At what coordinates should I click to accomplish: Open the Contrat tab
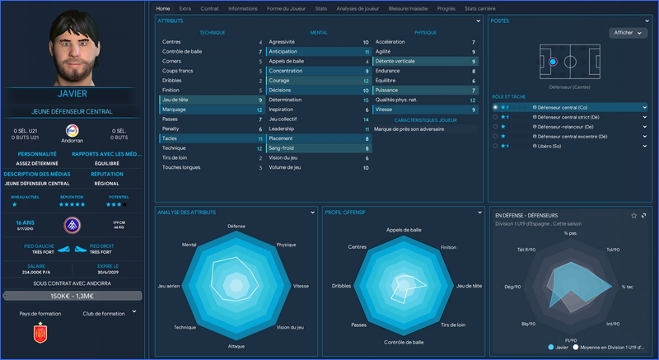[x=209, y=8]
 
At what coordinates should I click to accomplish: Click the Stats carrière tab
[x=480, y=8]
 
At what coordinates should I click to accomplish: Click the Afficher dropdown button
[x=628, y=33]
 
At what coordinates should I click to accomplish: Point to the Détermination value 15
[x=366, y=100]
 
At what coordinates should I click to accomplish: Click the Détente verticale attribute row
[x=425, y=61]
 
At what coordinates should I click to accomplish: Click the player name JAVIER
[x=72, y=94]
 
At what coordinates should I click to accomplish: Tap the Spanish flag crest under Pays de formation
[x=37, y=334]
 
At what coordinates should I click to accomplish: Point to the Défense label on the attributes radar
[x=236, y=226]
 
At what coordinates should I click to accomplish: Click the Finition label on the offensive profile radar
[x=448, y=246]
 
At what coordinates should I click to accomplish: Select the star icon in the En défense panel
[x=633, y=215]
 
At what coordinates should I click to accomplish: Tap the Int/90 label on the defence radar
[x=612, y=323]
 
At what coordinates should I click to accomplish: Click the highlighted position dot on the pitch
[x=553, y=62]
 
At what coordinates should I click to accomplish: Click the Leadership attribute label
[x=282, y=129]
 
